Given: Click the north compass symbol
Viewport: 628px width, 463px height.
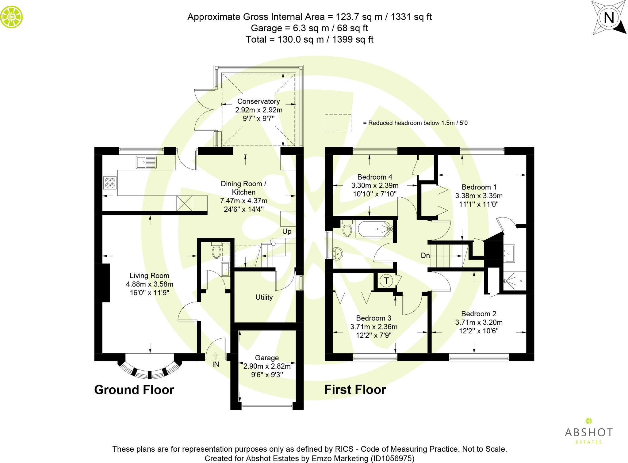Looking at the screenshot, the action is click(x=609, y=17).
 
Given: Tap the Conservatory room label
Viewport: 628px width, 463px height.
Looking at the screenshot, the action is click(x=258, y=101).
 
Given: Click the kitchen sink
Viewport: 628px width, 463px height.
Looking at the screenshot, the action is click(x=146, y=162).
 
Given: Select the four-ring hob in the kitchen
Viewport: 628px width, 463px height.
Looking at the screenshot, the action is click(x=110, y=183).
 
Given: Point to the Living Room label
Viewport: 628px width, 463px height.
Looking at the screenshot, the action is click(x=149, y=276).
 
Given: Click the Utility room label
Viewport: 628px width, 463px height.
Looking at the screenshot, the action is click(x=264, y=297).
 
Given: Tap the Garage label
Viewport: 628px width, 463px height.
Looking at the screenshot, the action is click(x=267, y=358).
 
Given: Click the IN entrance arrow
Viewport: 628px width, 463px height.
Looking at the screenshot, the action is click(x=216, y=356).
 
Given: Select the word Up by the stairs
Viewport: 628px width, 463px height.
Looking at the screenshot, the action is click(x=287, y=231).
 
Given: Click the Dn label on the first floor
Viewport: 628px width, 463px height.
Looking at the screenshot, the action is click(x=425, y=255).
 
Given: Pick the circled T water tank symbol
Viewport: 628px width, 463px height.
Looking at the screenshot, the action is click(x=386, y=280).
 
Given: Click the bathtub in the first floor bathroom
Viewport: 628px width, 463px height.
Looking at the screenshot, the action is click(x=374, y=229).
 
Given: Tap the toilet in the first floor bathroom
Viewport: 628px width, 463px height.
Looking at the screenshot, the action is click(x=347, y=229).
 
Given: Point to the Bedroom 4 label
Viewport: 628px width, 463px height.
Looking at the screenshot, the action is click(x=375, y=177).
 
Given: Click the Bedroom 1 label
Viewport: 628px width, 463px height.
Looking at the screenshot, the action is click(x=479, y=187).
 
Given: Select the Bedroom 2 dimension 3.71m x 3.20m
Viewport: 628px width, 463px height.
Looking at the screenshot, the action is click(x=479, y=322).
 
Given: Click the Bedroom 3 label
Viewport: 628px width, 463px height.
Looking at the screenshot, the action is click(x=373, y=318).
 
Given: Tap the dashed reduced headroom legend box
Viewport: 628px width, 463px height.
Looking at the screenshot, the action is click(x=338, y=123).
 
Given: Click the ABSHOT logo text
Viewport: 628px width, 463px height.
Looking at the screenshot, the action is click(x=589, y=432).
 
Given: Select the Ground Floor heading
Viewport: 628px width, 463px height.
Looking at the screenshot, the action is click(x=134, y=390).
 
